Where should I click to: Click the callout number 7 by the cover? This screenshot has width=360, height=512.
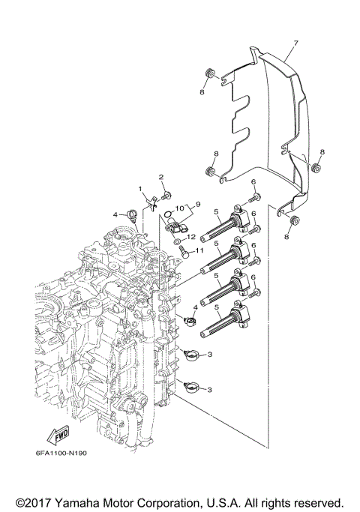296,43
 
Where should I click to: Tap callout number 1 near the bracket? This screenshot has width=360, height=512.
140,189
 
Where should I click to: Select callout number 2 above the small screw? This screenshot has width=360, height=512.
161,178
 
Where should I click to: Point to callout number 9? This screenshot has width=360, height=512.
198,205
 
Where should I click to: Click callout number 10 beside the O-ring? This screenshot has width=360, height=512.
180,208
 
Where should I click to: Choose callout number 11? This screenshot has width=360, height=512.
199,250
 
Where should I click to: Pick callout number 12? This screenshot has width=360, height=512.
191,237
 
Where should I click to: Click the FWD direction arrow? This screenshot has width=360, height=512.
58,435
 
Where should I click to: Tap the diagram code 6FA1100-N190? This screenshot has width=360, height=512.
61,454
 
